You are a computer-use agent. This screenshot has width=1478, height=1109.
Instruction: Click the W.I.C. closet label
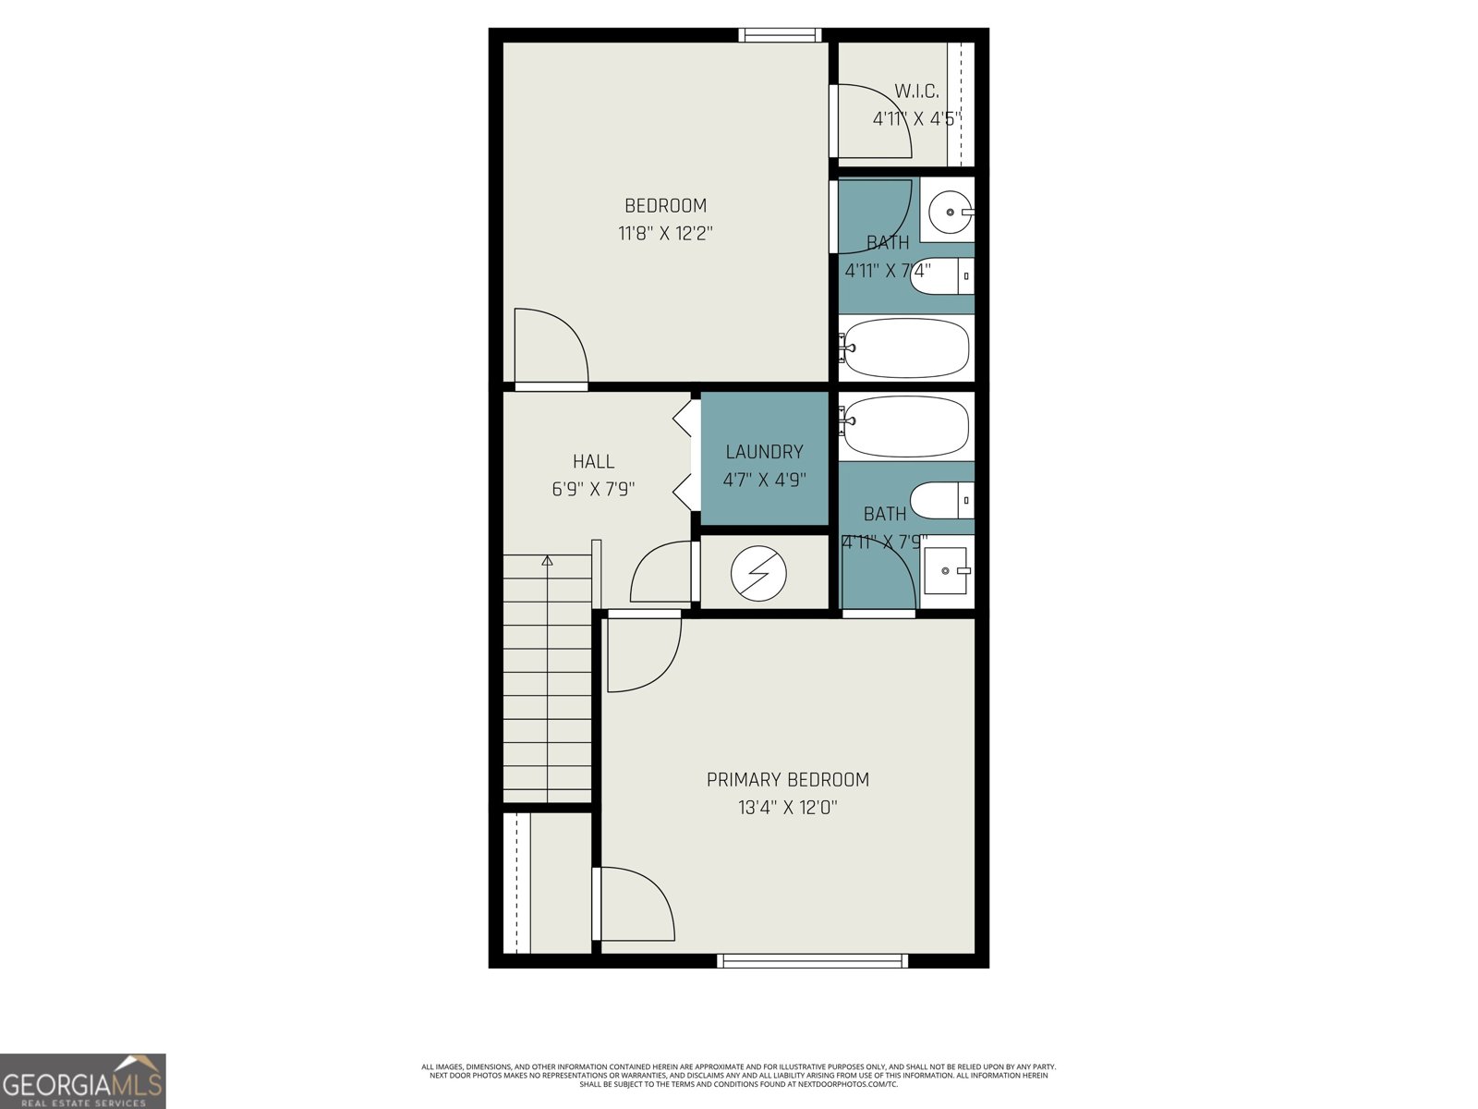point(915,91)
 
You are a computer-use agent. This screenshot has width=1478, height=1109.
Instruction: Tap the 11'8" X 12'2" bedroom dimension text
point(665,234)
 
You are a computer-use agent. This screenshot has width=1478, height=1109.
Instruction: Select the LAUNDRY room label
point(764,452)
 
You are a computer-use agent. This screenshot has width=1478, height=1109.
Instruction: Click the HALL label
point(593,461)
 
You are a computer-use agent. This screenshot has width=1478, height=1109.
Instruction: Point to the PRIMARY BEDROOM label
point(787,780)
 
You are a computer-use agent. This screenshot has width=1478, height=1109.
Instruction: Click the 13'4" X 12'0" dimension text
point(787,808)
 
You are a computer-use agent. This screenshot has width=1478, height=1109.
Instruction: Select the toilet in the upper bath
point(941,275)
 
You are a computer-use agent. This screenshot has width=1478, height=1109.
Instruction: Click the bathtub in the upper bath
point(905,348)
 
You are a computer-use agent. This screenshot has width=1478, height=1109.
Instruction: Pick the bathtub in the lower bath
point(905,426)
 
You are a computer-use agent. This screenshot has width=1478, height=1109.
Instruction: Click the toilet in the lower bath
point(941,500)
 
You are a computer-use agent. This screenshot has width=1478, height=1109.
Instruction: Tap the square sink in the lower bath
point(945,571)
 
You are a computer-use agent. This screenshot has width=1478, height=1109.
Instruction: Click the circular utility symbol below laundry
point(758,574)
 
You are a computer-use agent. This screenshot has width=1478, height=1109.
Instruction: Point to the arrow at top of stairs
point(547,560)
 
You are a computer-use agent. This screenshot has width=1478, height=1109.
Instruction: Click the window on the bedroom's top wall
point(780,35)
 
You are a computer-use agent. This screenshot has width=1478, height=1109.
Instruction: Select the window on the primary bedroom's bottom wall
point(812,961)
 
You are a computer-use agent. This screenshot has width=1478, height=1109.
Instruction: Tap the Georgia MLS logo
point(83,1081)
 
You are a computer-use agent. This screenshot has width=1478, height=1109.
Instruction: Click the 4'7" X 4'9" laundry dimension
point(764,481)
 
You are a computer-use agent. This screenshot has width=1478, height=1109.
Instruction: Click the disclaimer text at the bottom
point(738,1075)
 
